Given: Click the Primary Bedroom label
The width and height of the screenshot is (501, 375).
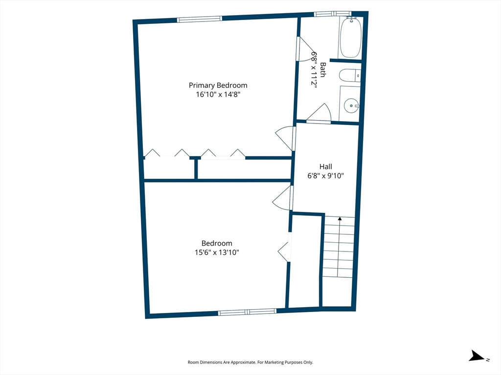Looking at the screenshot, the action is [218, 85].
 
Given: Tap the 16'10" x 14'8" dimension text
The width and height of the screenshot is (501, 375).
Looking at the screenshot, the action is [218, 94].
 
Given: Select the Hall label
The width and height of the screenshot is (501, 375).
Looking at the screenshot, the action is [325, 167].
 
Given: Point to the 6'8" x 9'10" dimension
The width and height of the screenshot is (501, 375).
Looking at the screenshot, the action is [325, 176].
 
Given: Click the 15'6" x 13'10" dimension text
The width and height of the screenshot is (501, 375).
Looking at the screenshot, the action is [217, 252].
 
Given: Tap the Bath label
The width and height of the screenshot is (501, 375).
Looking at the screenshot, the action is [323, 69].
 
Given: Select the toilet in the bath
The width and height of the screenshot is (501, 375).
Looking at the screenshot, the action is [350, 76].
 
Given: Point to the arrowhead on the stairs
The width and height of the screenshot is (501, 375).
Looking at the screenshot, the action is [340, 219].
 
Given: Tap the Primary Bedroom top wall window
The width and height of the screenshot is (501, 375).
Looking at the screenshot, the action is [200, 19].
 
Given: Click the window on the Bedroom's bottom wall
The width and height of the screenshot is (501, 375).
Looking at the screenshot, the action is [247, 312].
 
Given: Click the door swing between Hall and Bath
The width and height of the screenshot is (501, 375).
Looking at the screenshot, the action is [319, 113].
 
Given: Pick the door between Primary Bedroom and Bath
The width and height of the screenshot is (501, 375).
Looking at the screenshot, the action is [306, 49].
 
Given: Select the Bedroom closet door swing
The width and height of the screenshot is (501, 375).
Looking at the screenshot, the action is [283, 251].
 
